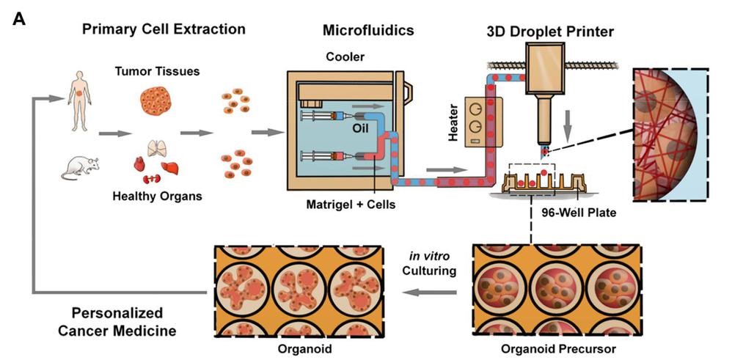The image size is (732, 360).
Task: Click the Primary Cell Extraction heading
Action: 164,29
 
